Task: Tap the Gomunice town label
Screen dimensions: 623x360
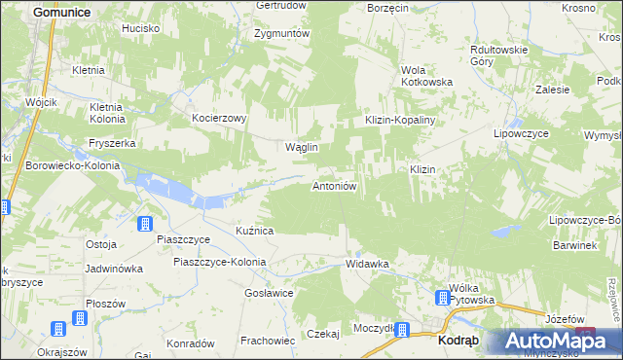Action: [61, 12]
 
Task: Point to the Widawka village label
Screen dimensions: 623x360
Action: [368, 264]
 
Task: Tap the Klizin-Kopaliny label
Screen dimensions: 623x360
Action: [398, 119]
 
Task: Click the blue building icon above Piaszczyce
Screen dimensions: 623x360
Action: [145, 224]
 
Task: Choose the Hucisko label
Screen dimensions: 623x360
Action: [140, 29]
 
